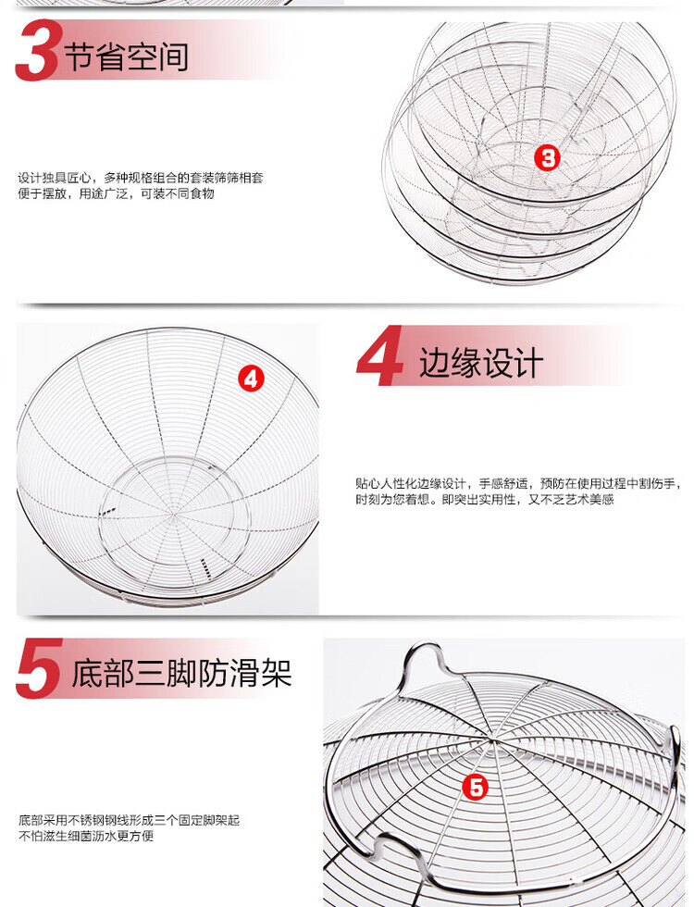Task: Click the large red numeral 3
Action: click(36, 51)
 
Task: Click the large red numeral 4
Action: click(378, 355)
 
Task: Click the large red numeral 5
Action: click(39, 668)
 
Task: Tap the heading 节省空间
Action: click(127, 56)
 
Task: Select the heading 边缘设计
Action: click(481, 363)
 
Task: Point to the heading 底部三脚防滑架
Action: click(181, 674)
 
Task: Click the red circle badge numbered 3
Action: click(547, 157)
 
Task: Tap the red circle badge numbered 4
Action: click(251, 379)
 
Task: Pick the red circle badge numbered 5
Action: click(476, 788)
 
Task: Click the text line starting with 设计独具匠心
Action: click(141, 178)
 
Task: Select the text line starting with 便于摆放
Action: click(116, 193)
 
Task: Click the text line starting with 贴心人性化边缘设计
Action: click(517, 483)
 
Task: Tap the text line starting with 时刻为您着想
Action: click(485, 499)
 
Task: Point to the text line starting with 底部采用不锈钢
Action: click(129, 820)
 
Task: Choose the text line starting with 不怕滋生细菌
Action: click(85, 836)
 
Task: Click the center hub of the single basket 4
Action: click(175, 512)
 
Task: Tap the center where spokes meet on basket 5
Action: click(490, 739)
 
